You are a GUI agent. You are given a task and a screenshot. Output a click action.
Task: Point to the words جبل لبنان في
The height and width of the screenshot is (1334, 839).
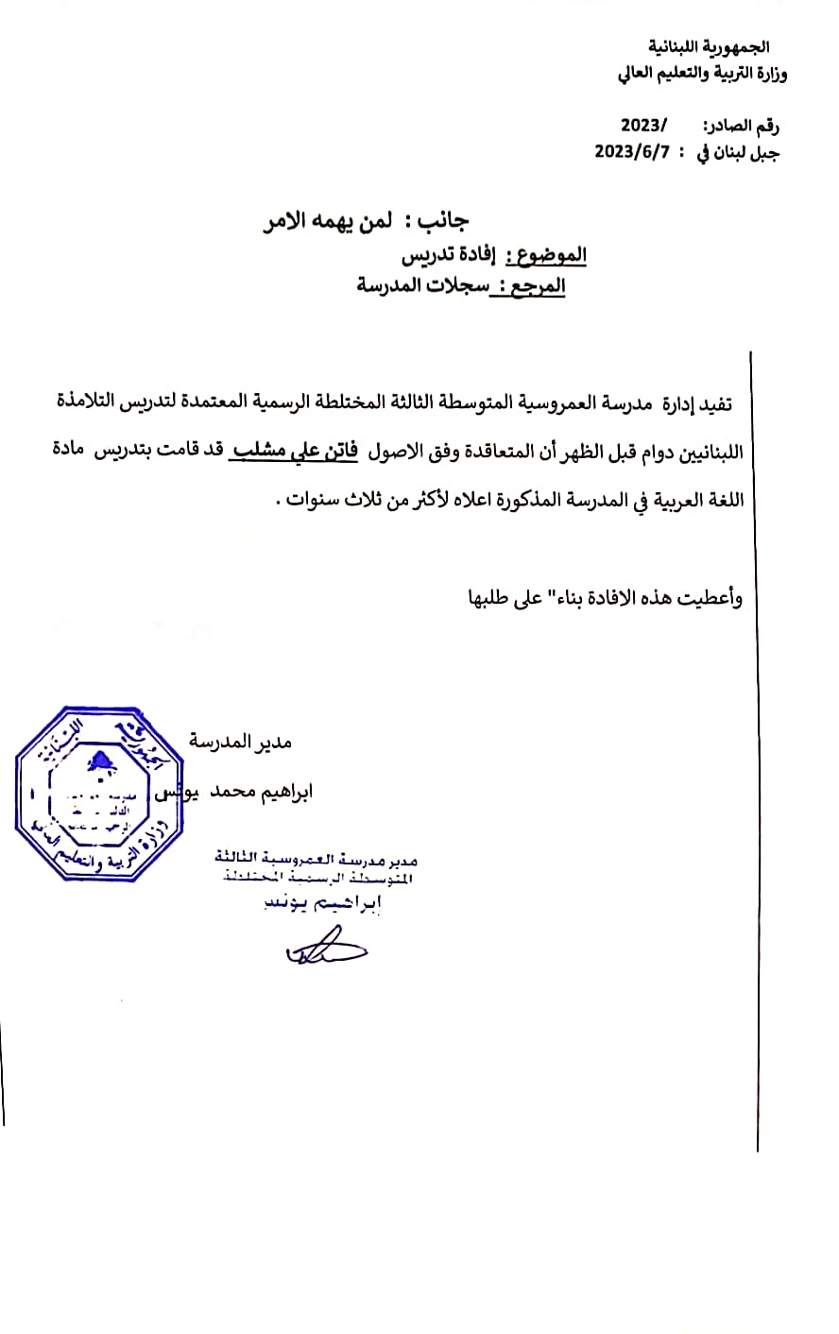coord(738,153)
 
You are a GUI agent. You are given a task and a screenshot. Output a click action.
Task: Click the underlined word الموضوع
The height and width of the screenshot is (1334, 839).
coord(547,255)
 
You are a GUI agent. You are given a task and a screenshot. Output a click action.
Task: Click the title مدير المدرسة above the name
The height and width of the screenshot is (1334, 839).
coord(242,742)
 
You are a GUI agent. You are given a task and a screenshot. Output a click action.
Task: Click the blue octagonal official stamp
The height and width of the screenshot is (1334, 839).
coord(90,794)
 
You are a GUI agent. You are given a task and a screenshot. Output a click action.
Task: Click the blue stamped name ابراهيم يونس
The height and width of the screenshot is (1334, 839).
coord(324,904)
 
